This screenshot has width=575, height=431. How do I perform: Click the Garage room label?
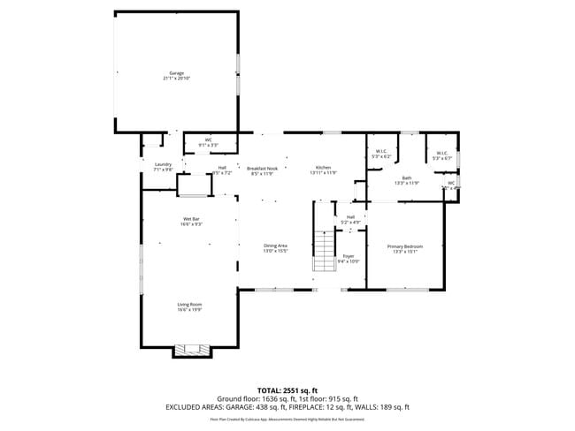pos(177,73)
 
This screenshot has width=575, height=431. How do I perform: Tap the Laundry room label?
pos(163,164)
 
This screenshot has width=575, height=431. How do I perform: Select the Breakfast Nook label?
pos(263,168)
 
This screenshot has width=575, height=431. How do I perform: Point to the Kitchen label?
pos(324,168)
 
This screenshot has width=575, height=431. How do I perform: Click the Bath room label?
pos(407,178)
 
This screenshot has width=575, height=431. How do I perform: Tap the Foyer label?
pos(349,256)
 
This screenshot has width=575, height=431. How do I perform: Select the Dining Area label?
pos(276,246)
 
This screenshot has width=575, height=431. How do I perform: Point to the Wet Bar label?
pos(192,218)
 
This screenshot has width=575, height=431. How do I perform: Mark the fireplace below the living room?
pos(192,350)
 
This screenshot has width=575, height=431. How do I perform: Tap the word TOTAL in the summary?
pos(270,389)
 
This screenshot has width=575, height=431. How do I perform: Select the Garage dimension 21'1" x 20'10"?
pos(177,79)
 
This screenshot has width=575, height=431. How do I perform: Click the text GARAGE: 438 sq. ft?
pos(259,407)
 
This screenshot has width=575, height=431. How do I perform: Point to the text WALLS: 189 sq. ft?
pos(380,407)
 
